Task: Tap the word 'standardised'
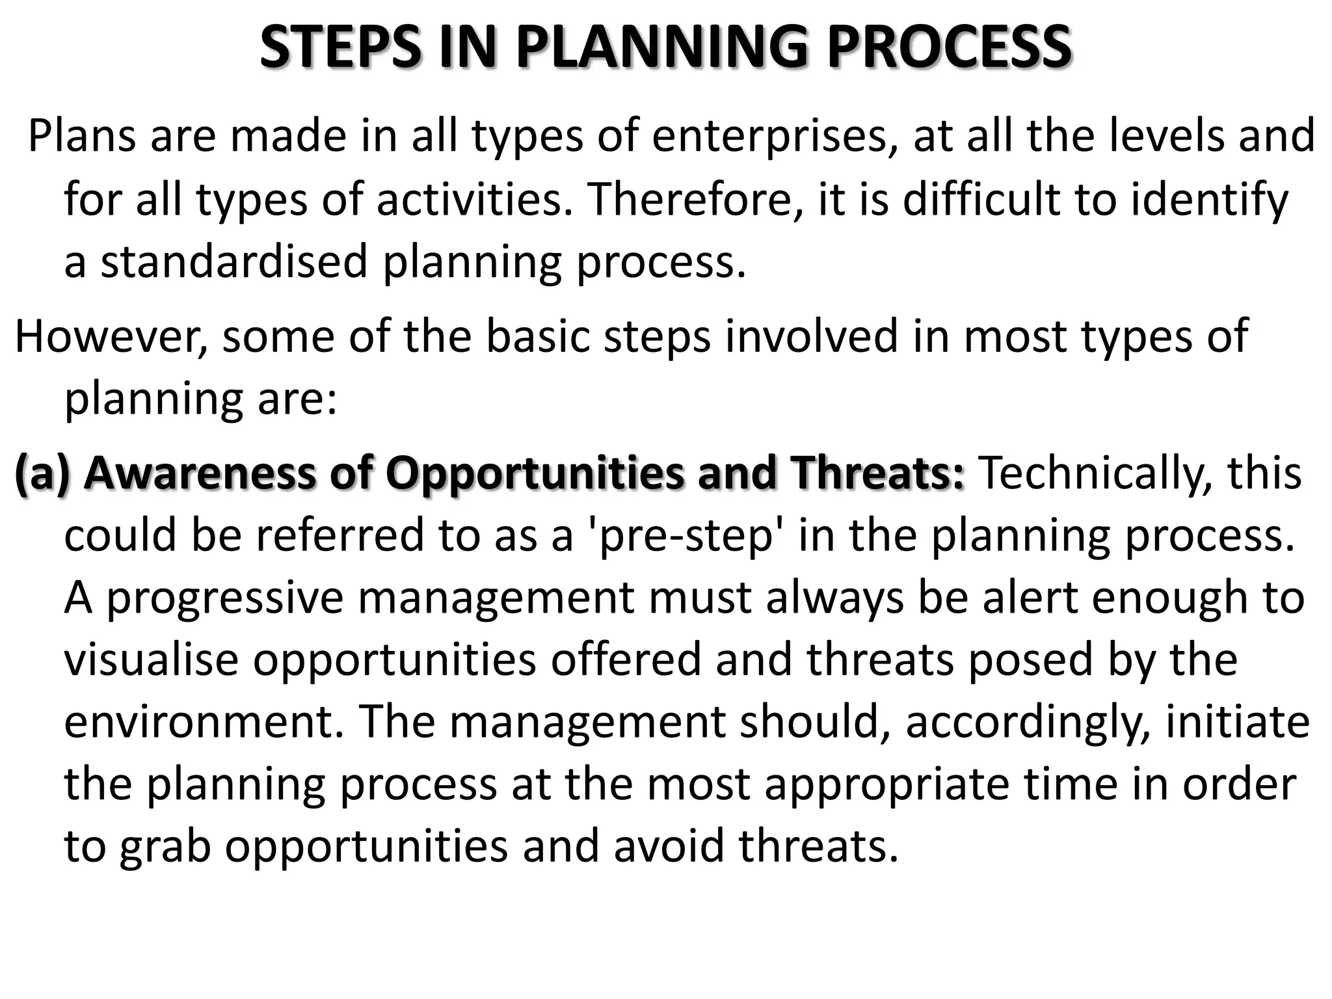point(234,261)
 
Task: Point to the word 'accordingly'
point(1028,722)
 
